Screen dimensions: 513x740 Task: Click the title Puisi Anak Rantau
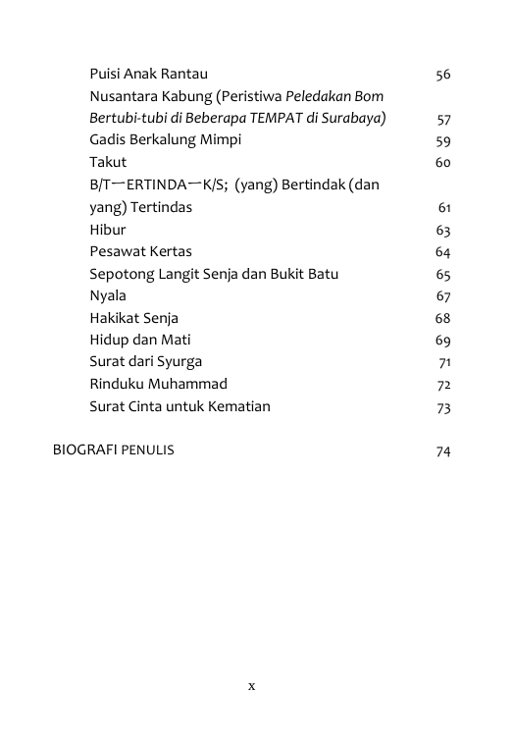(148, 74)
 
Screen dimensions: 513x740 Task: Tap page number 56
(442, 75)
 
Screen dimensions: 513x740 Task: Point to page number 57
(443, 119)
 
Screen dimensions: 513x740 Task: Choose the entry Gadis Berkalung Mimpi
(165, 140)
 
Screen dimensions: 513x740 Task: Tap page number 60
(442, 163)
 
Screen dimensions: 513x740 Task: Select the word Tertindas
(160, 207)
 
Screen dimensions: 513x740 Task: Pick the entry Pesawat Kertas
(140, 251)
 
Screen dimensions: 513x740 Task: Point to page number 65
(442, 275)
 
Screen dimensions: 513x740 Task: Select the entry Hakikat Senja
(133, 318)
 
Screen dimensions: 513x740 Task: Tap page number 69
(442, 341)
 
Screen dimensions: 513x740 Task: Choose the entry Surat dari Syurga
(145, 362)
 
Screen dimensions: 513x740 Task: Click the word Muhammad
(188, 384)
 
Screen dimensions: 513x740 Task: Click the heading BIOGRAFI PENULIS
(114, 450)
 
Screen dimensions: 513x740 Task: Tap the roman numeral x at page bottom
(252, 686)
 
